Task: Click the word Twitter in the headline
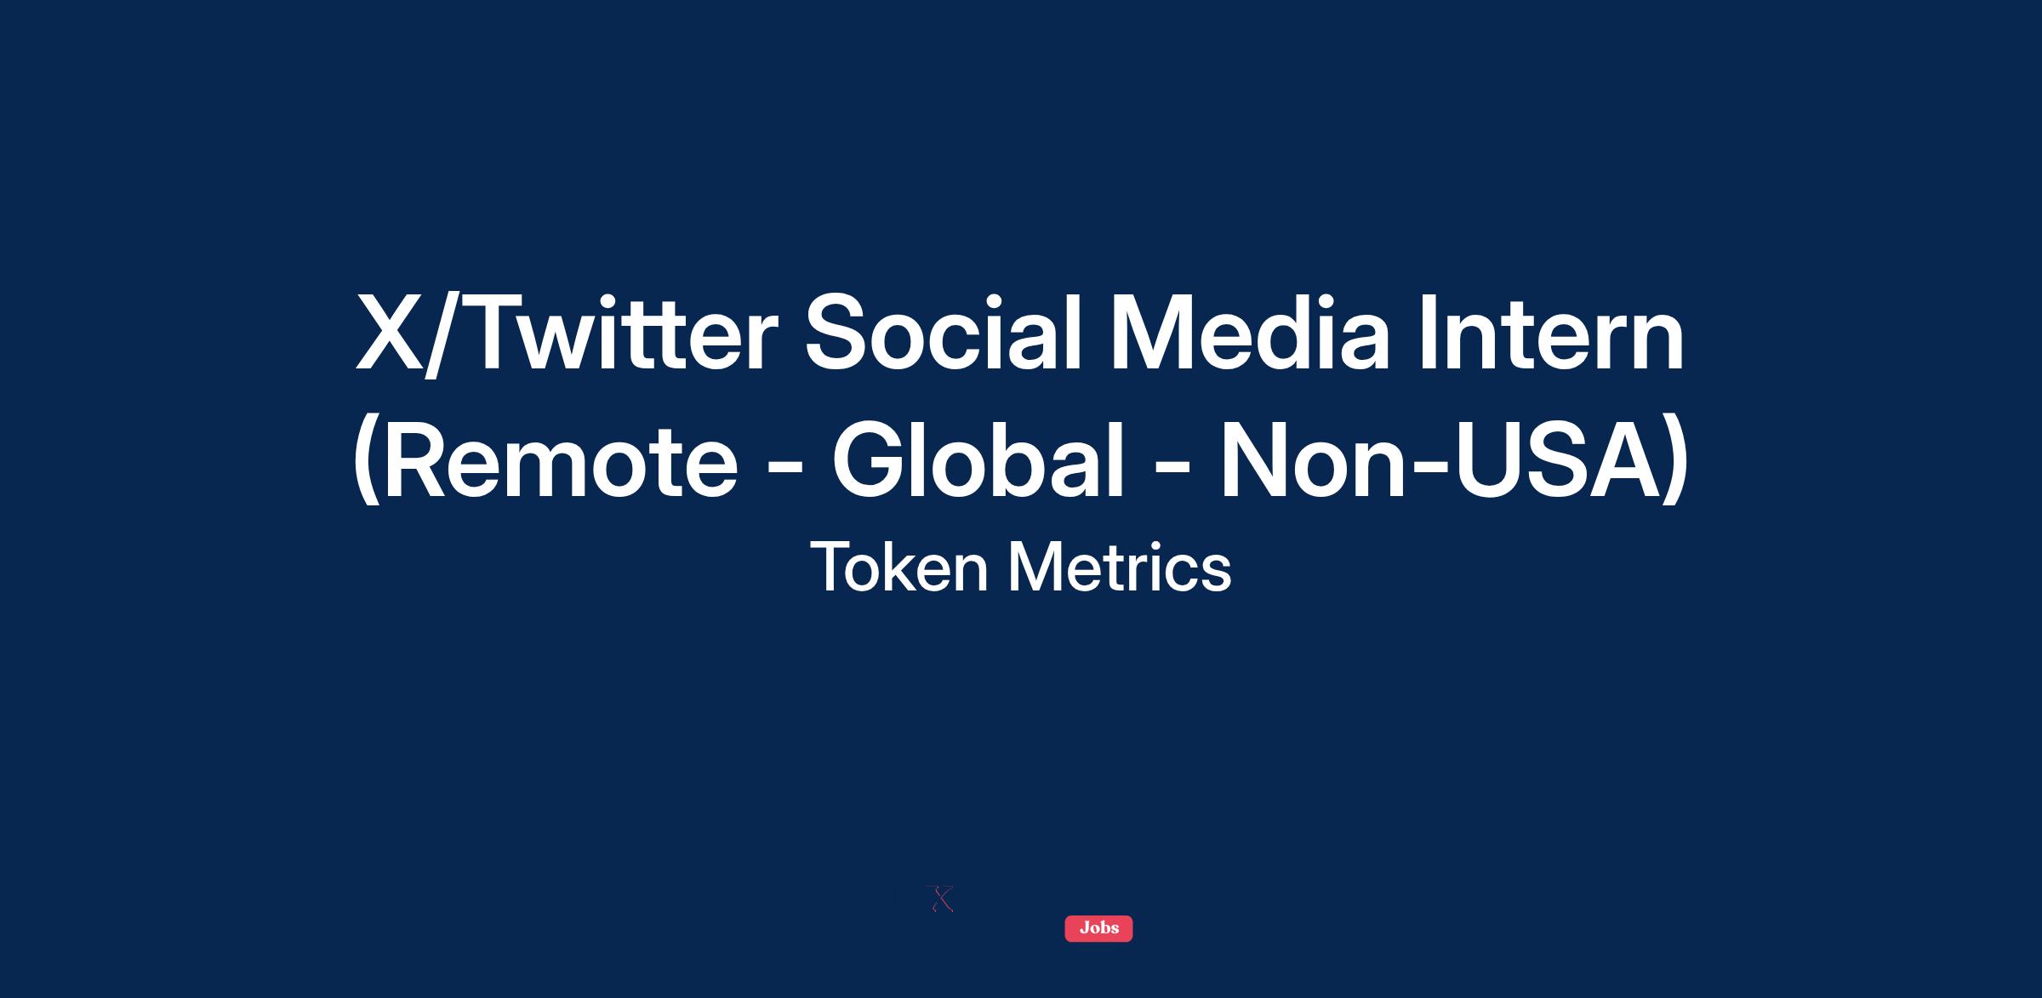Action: point(623,334)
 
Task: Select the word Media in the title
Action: point(1250,333)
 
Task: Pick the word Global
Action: point(978,459)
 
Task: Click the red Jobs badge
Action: point(1098,928)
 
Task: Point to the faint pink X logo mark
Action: point(940,899)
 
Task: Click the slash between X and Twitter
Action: point(444,334)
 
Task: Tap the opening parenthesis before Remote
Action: point(367,459)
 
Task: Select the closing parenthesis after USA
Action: point(1676,459)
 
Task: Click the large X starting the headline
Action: point(389,334)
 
